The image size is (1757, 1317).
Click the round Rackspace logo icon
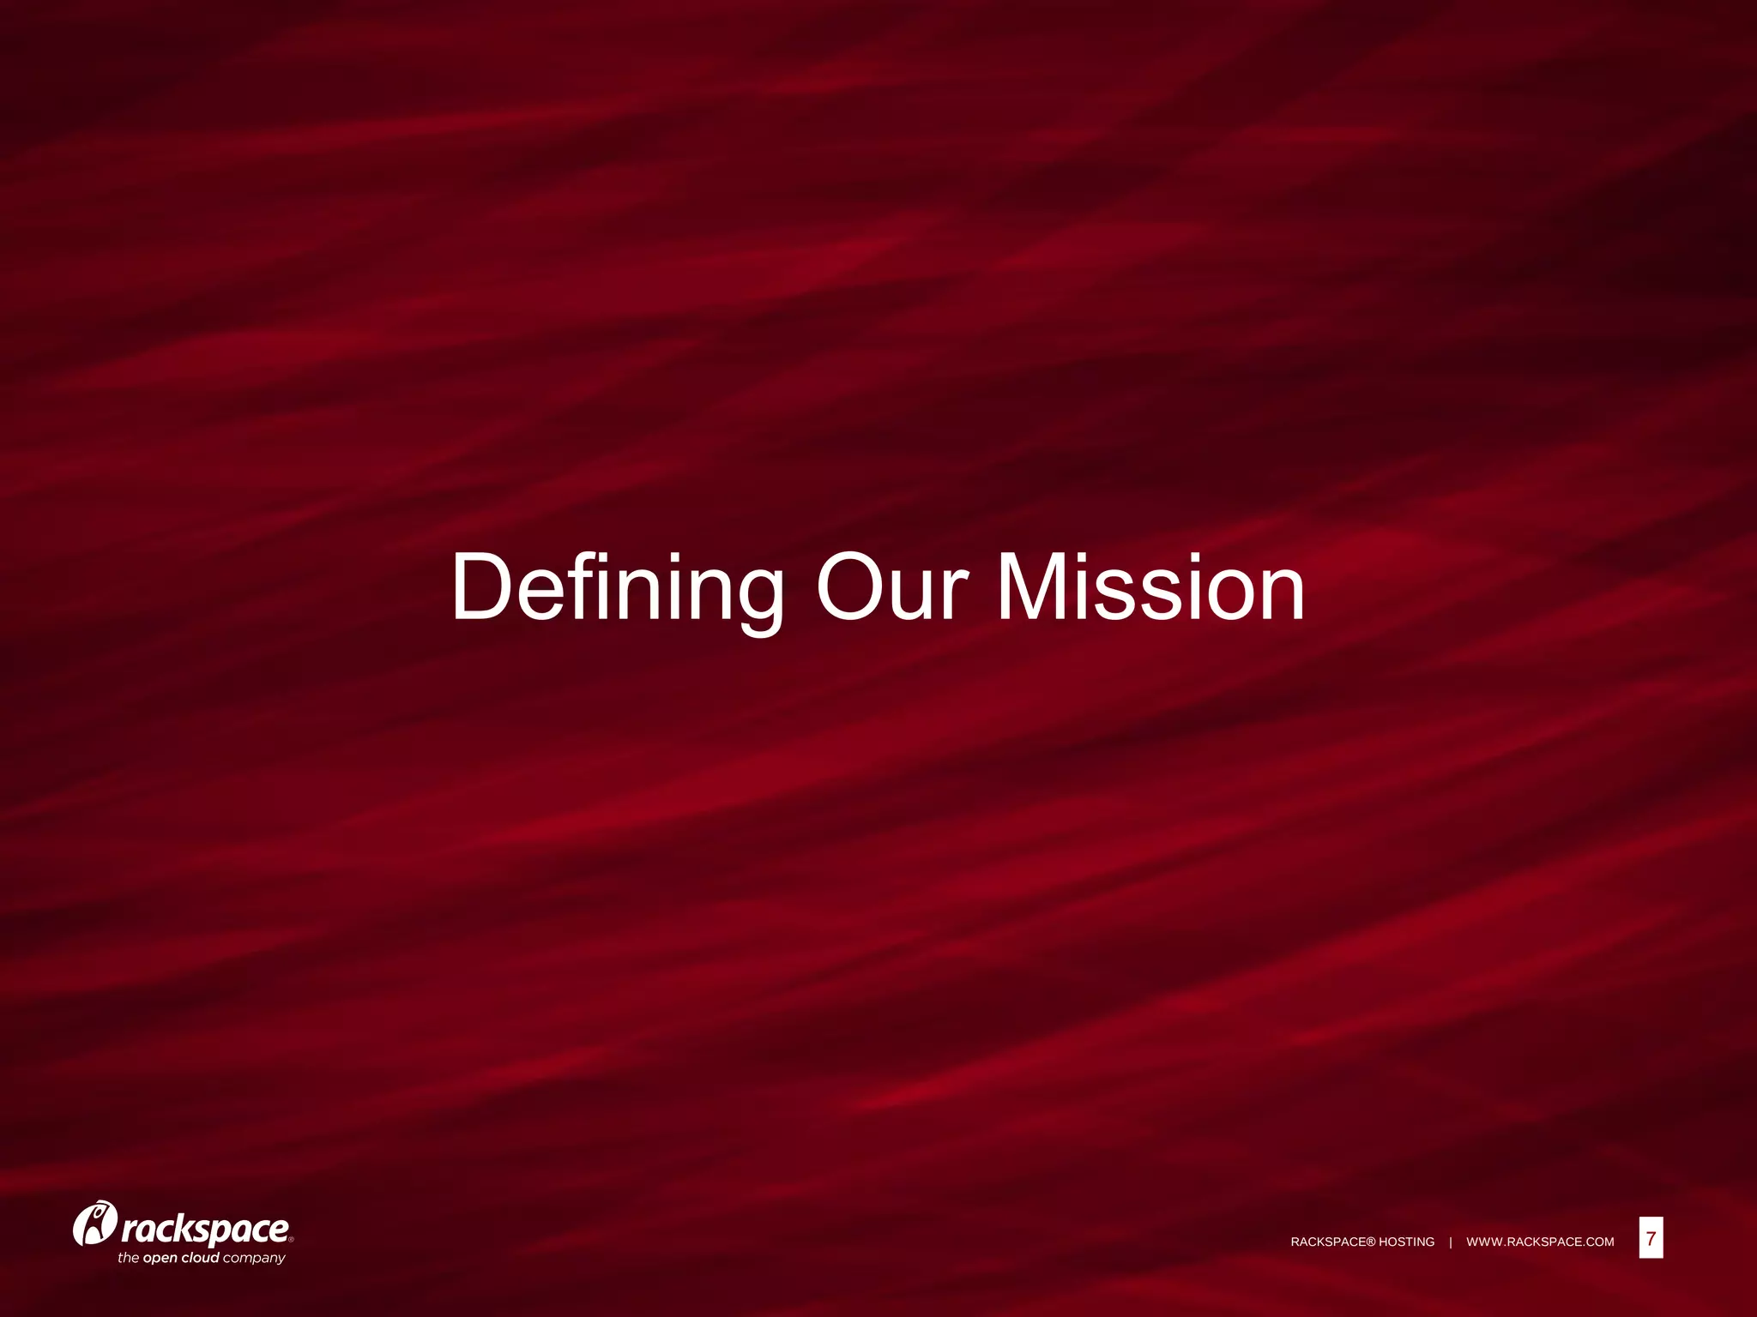click(94, 1224)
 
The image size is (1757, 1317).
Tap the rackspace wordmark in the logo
click(206, 1229)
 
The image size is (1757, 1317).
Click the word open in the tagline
click(160, 1259)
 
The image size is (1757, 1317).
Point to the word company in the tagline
click(254, 1259)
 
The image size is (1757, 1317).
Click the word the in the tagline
click(128, 1258)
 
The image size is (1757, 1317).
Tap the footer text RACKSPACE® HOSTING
click(1362, 1242)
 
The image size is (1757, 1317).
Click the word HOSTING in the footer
click(1406, 1242)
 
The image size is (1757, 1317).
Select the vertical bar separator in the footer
click(1451, 1242)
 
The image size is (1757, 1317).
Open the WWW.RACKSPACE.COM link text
click(1540, 1242)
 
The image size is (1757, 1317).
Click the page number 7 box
click(1651, 1238)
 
